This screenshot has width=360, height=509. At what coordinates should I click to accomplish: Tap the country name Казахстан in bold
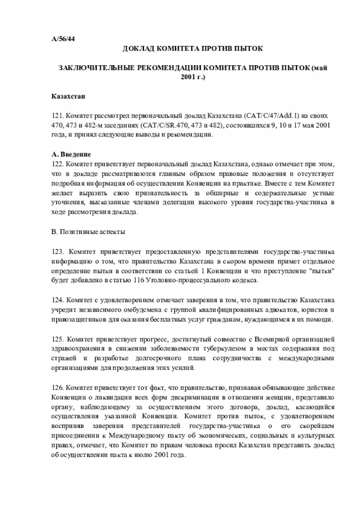pos(68,97)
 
